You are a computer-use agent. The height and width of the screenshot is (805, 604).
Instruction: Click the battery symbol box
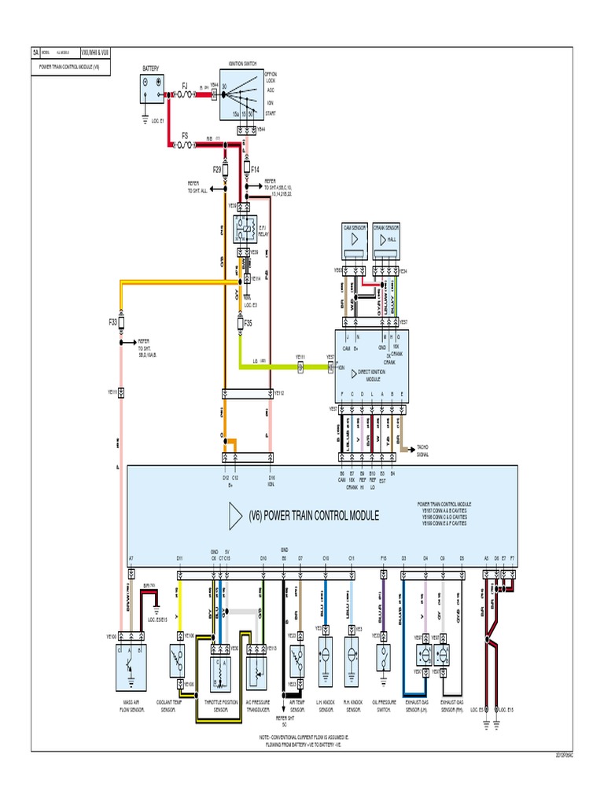tap(151, 91)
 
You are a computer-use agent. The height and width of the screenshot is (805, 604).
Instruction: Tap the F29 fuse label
tap(217, 169)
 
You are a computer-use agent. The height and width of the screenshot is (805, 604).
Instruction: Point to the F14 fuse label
tap(256, 169)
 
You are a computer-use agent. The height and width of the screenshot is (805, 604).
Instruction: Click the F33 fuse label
tap(113, 322)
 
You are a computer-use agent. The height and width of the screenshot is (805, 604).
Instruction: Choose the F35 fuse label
tap(249, 322)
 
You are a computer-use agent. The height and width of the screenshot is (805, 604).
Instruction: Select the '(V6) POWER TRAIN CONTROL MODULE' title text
tap(314, 516)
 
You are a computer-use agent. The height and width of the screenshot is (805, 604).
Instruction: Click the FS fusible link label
tap(186, 135)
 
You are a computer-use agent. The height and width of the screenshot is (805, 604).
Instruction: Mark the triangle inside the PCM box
tap(234, 516)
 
